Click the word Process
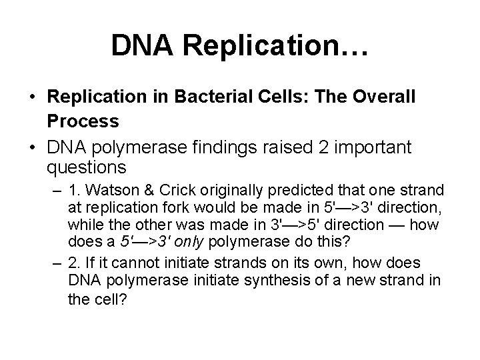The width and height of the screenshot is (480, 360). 83,121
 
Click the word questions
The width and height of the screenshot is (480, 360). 86,165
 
